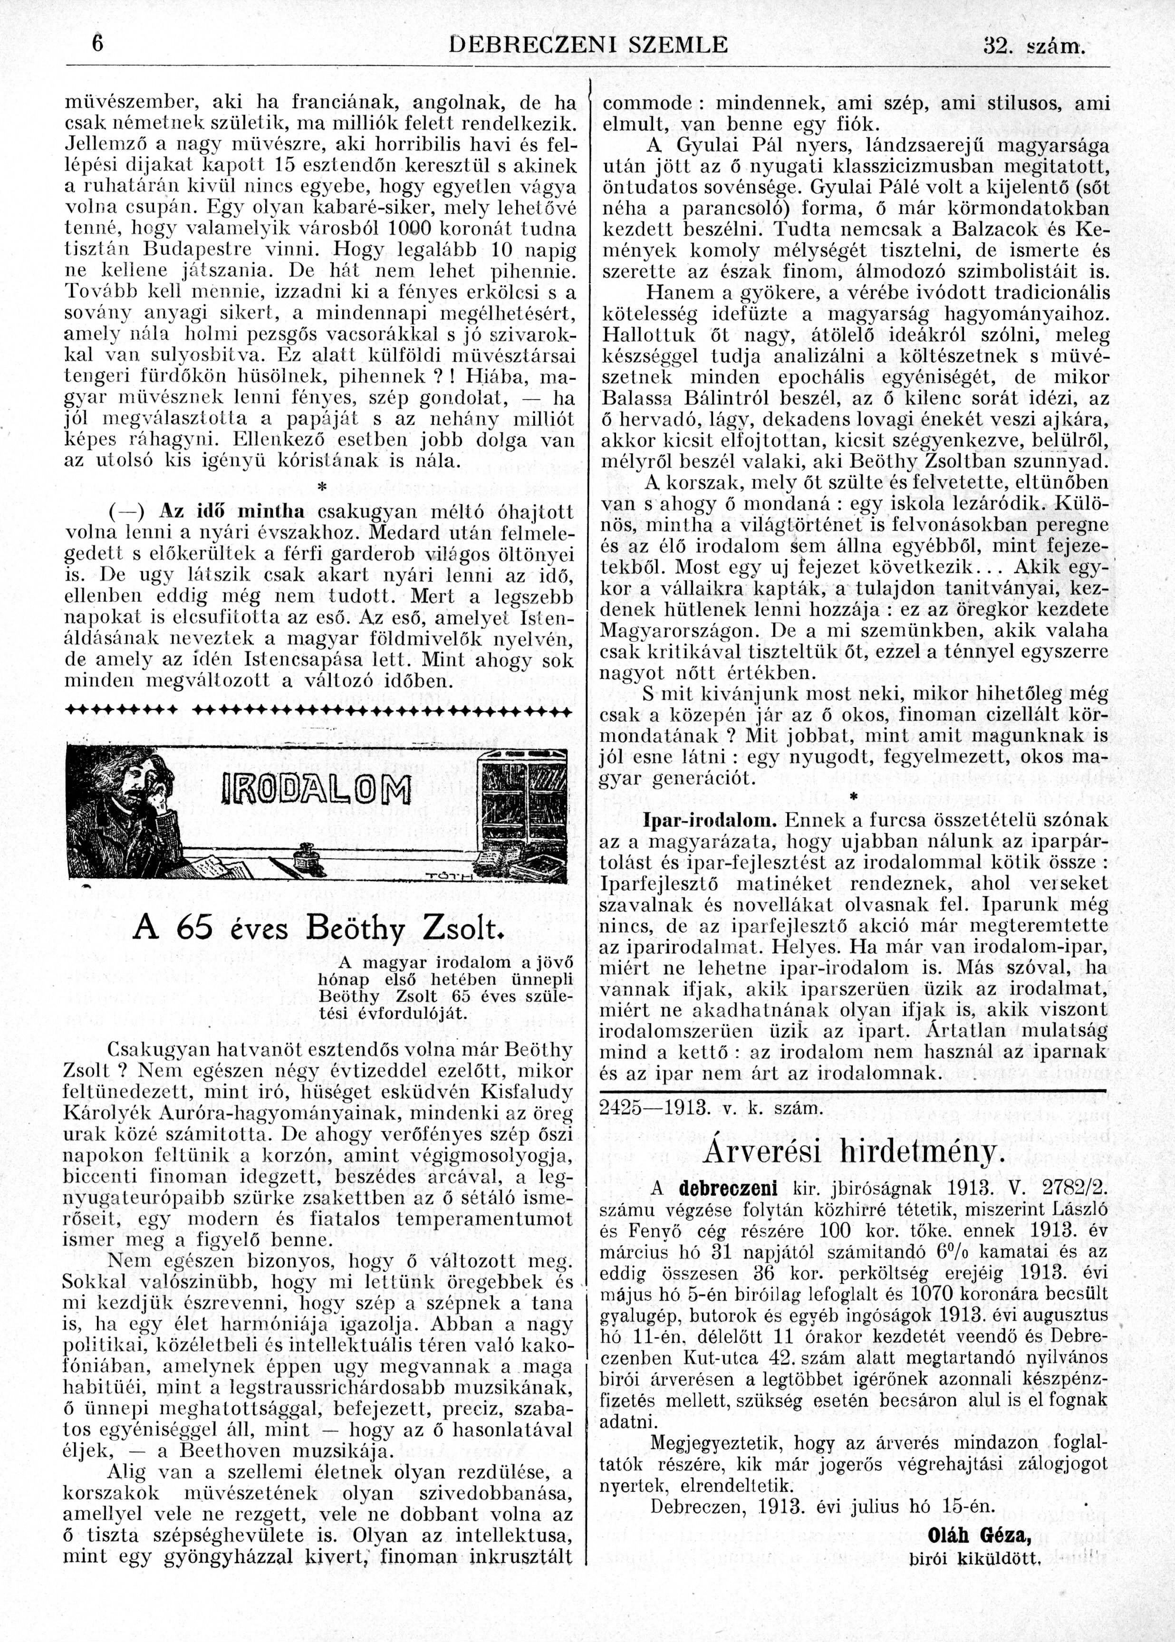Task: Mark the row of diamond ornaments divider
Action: (x=318, y=711)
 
